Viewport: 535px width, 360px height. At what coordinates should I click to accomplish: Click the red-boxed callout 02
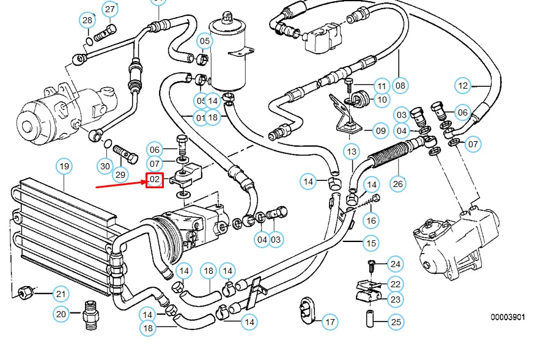tap(154, 180)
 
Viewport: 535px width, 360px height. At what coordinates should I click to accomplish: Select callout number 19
tap(64, 166)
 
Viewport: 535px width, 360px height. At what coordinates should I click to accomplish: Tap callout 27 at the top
tap(110, 9)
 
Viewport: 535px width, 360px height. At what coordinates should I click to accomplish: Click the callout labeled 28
tap(87, 21)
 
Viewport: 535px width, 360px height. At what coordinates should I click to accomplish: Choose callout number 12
tap(463, 86)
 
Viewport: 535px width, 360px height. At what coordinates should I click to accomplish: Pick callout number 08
tap(400, 86)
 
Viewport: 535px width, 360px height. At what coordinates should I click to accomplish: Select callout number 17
tap(330, 321)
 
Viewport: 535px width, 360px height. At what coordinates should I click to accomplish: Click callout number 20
tap(61, 314)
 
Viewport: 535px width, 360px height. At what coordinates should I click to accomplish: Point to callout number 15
tap(371, 243)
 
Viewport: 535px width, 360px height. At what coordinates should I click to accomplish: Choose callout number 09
tap(380, 130)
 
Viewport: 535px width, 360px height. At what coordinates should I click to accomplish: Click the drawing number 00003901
tap(507, 317)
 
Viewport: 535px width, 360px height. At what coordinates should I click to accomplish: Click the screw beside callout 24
tap(370, 264)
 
